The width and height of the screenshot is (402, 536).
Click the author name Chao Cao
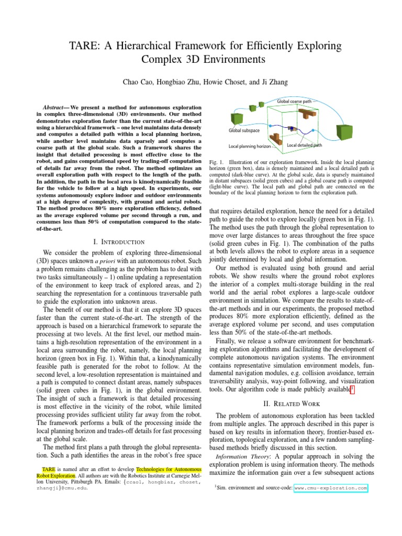(137, 82)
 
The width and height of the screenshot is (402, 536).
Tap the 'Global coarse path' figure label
(294, 101)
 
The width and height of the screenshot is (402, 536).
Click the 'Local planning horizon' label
(249, 146)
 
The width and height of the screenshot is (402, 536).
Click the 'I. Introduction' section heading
(118, 241)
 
